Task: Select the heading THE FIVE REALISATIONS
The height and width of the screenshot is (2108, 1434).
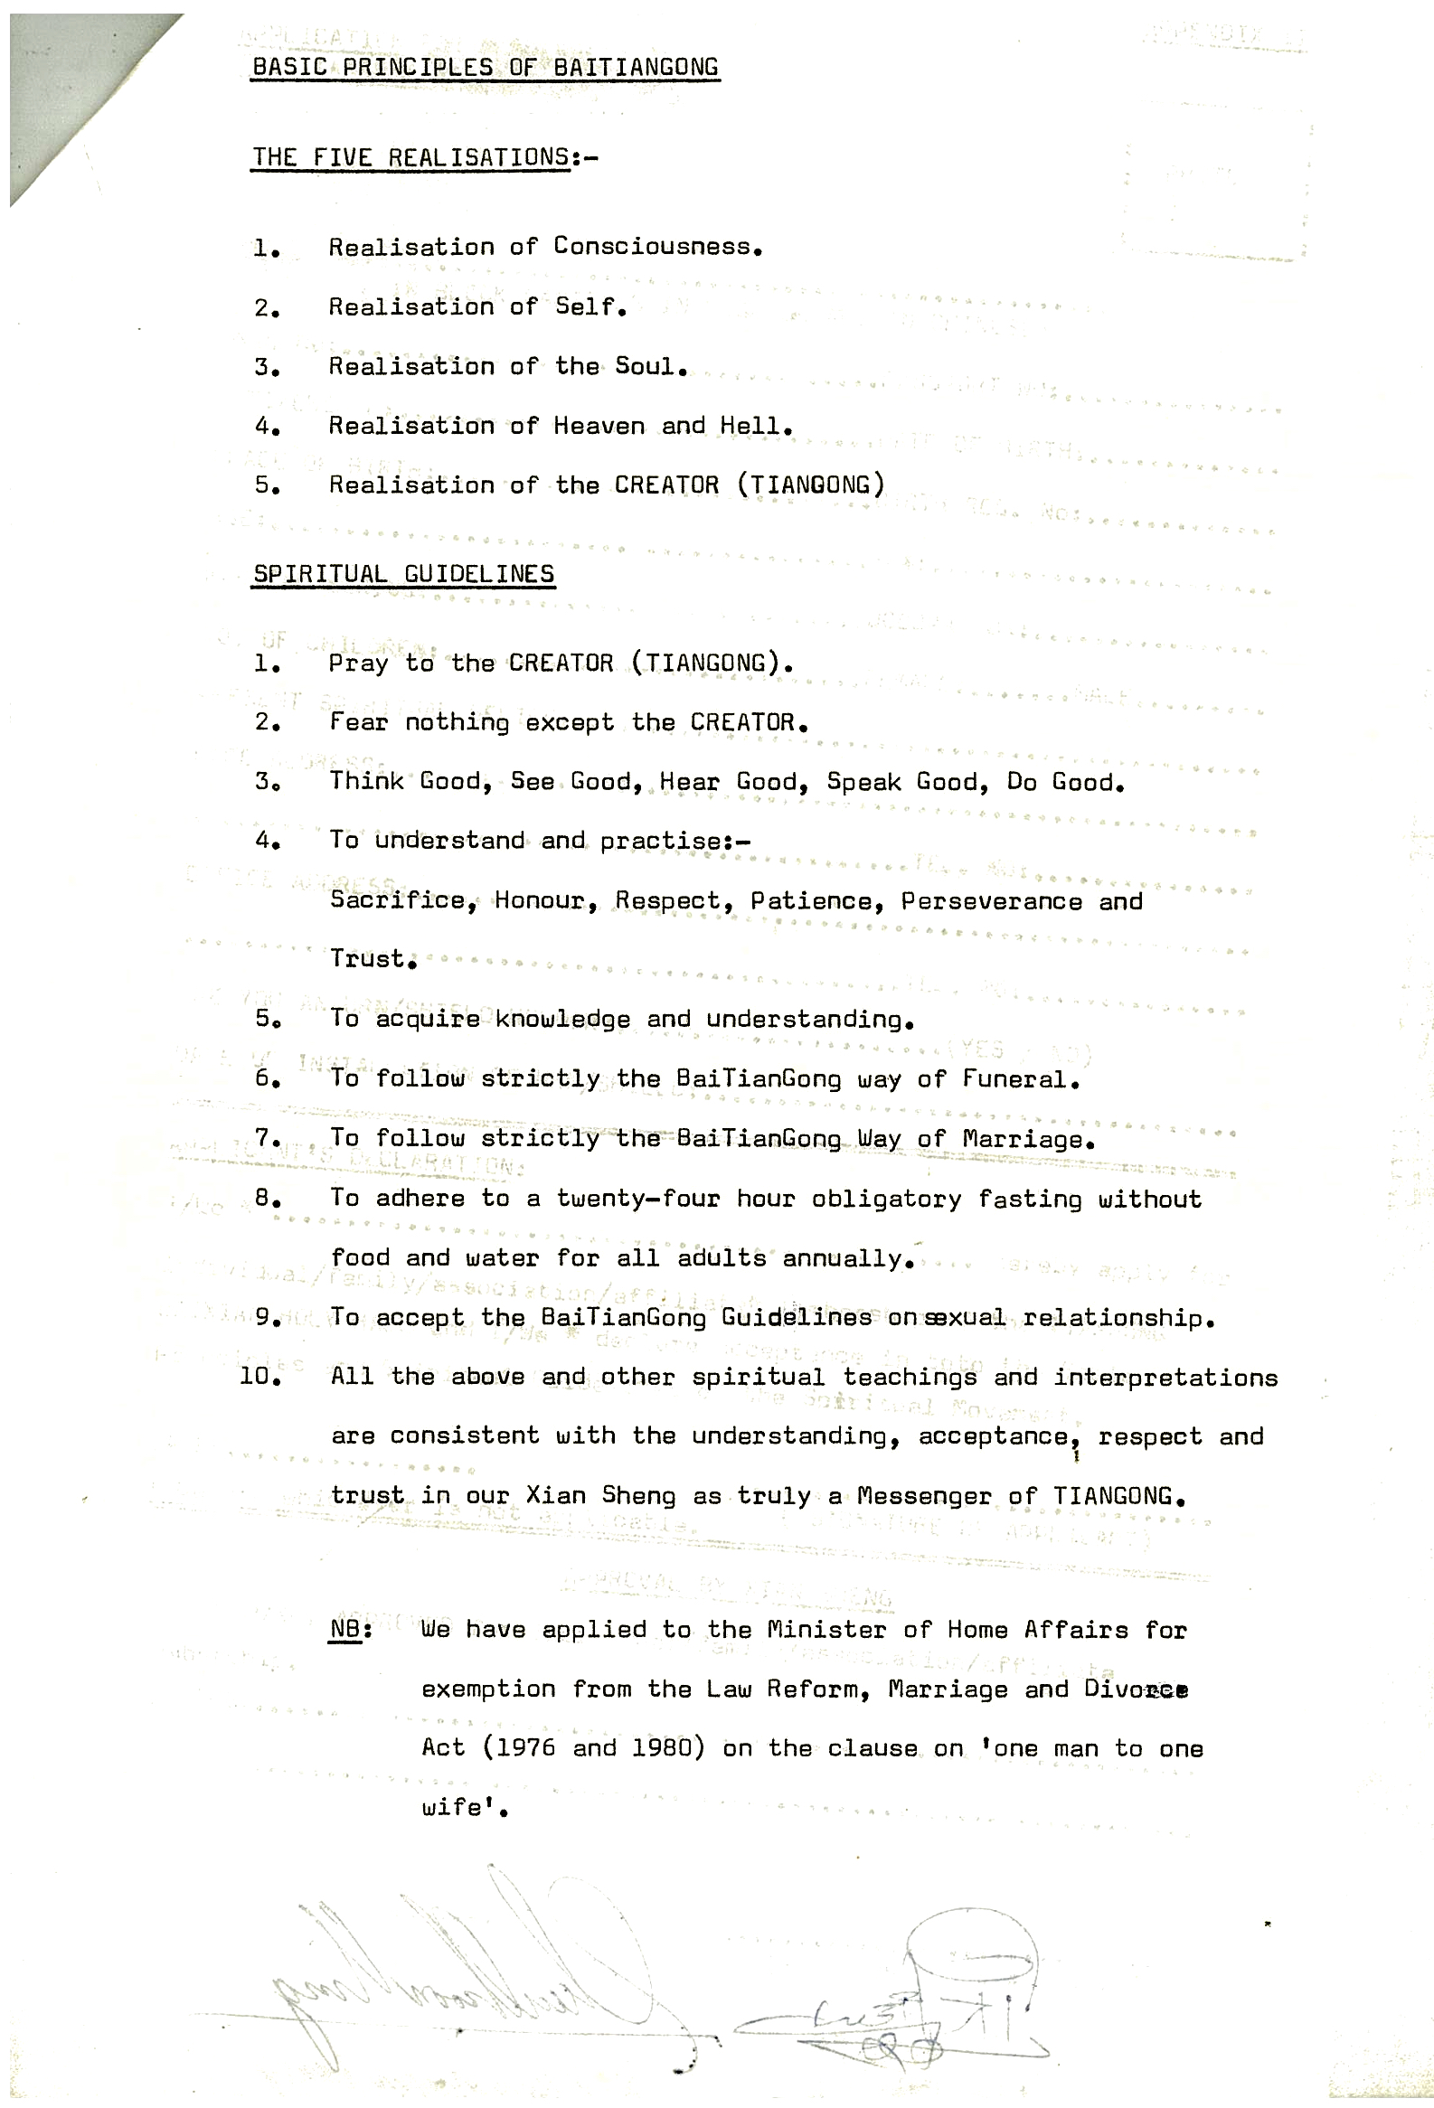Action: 410,158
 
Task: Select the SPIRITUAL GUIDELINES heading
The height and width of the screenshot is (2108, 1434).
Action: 402,574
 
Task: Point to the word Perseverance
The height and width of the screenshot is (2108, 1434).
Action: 991,901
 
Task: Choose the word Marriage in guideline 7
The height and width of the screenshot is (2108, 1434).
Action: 1024,1139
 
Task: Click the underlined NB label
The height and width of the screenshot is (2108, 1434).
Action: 348,1629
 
